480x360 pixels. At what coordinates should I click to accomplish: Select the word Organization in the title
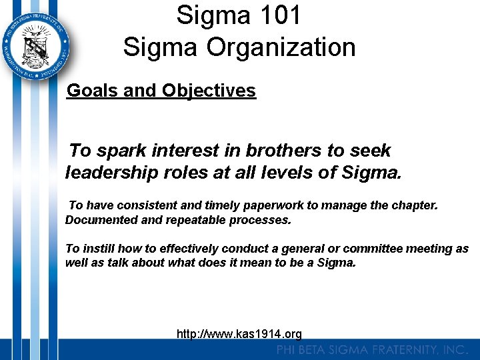click(281, 47)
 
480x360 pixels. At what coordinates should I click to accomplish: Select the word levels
click(294, 173)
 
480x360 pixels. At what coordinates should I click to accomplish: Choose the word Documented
click(97, 220)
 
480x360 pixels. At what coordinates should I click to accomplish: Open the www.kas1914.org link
click(239, 333)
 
